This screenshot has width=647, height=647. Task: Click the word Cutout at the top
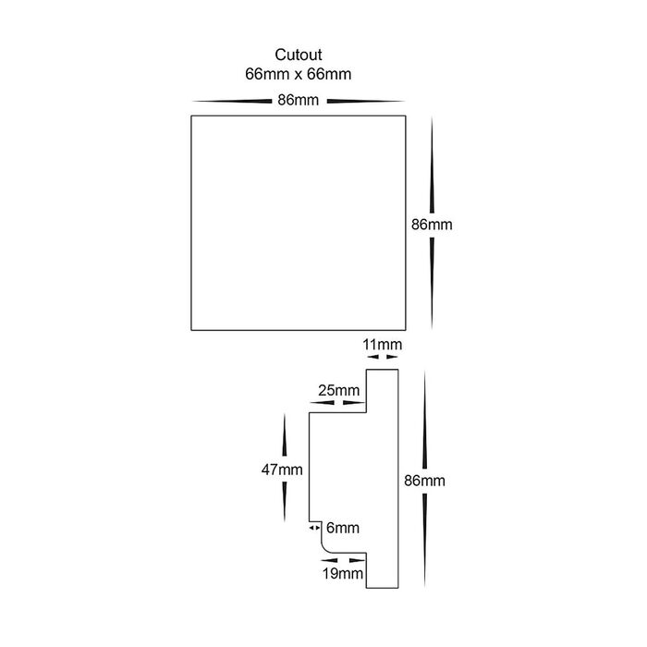(x=297, y=55)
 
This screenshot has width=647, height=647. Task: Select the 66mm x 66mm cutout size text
(x=297, y=73)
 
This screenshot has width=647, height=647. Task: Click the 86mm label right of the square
(x=432, y=225)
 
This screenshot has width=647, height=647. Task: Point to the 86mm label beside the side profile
(x=425, y=481)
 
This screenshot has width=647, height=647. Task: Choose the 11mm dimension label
(x=383, y=345)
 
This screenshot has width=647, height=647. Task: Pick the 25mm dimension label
(x=338, y=391)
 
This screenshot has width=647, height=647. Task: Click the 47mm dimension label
(x=283, y=470)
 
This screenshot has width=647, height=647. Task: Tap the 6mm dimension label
(x=343, y=528)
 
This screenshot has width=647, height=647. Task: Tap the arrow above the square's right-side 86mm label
(x=433, y=166)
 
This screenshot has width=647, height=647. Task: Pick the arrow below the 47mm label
(x=283, y=504)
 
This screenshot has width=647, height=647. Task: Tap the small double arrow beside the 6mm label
(x=314, y=528)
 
